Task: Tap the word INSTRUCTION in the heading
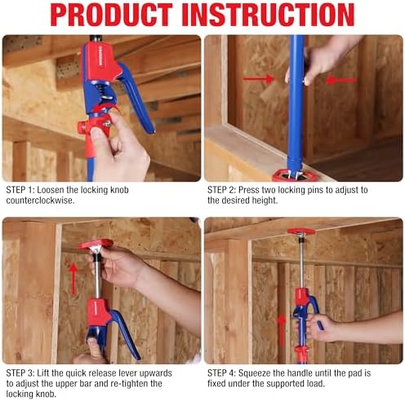click(275, 15)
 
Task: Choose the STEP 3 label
click(21, 372)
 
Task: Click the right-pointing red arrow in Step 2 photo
click(257, 79)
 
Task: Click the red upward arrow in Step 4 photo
click(282, 326)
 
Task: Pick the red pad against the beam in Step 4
click(300, 231)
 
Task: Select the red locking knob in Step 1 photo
click(85, 127)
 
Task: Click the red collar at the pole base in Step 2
click(290, 173)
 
